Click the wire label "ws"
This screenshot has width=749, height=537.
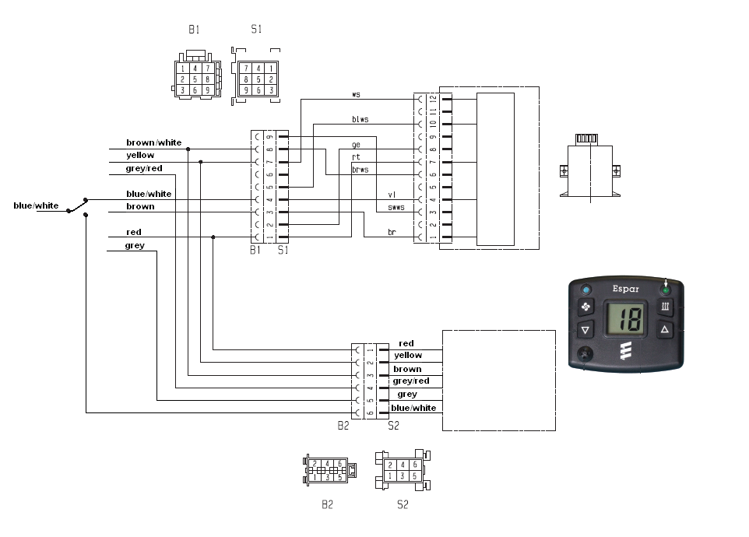pos(356,95)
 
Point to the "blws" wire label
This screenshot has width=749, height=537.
pos(360,119)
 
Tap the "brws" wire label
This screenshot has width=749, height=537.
pos(360,169)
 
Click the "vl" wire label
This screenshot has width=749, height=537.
pos(392,195)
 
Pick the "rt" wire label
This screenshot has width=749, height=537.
pos(356,156)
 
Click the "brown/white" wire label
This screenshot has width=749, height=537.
pos(153,142)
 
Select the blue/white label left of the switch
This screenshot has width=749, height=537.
pos(36,205)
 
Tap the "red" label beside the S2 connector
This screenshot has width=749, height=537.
pos(406,343)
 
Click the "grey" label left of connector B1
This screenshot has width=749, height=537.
pos(135,246)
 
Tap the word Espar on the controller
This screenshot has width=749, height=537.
pos(625,289)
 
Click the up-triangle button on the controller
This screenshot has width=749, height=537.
pos(665,330)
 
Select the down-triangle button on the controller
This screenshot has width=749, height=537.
pos(586,330)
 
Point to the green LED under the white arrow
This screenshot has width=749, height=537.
pos(665,290)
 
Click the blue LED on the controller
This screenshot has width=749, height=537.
pos(586,290)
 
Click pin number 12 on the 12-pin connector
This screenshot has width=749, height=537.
pos(433,99)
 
